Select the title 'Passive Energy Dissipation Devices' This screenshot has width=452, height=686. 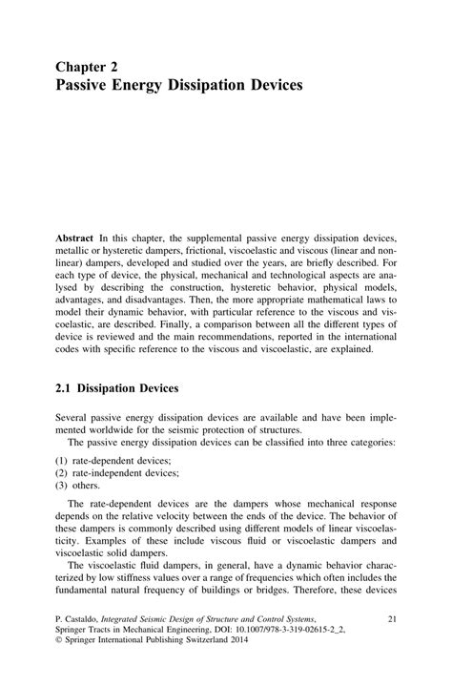click(x=178, y=86)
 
